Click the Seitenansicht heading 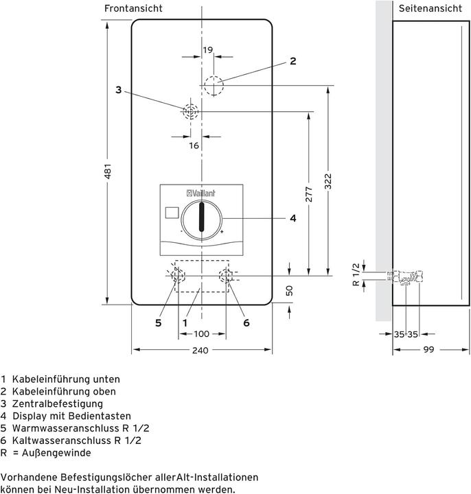pyautogui.click(x=430, y=8)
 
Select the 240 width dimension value pyautogui.click(x=200, y=351)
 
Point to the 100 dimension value pyautogui.click(x=201, y=334)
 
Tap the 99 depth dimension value pyautogui.click(x=429, y=351)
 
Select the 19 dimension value pyautogui.click(x=207, y=49)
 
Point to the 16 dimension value pyautogui.click(x=194, y=145)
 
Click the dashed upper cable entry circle pyautogui.click(x=214, y=86)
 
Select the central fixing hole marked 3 pyautogui.click(x=189, y=112)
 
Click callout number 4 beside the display pyautogui.click(x=292, y=218)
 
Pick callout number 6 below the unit pyautogui.click(x=245, y=322)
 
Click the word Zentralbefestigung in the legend pyautogui.click(x=51, y=403)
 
